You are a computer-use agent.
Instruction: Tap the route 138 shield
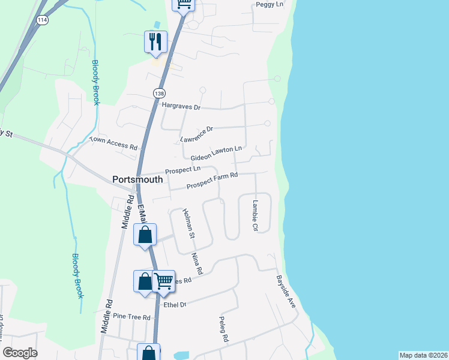pos(159,94)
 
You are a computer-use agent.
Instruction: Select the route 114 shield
pos(41,20)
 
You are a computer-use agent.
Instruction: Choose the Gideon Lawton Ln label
pos(216,153)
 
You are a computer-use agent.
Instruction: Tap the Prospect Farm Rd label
pos(212,181)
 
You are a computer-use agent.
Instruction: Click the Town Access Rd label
pos(114,143)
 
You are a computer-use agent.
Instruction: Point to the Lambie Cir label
pos(255,216)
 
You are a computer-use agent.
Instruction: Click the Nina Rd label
pos(197,264)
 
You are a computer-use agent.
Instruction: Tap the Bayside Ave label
pos(286,292)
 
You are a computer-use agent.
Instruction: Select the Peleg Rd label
pos(224,329)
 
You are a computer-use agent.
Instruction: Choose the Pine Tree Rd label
pos(131,317)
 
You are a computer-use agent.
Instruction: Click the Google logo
pos(20,353)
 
